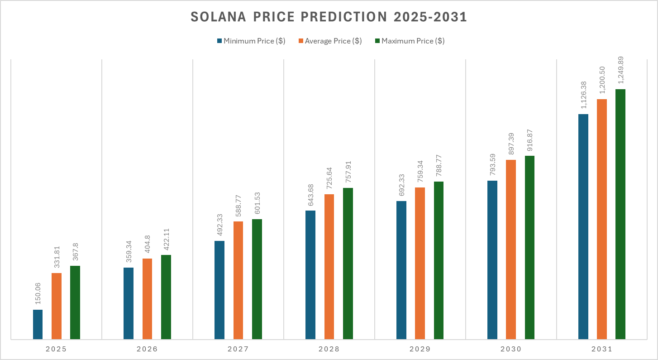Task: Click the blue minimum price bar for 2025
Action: (38, 324)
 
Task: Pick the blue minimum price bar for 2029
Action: (401, 270)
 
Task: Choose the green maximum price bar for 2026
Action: (166, 297)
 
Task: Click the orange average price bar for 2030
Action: (511, 249)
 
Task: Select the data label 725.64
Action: (329, 178)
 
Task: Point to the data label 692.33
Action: (401, 185)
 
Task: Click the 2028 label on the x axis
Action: (329, 349)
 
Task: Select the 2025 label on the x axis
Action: (56, 349)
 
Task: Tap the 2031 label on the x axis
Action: (601, 349)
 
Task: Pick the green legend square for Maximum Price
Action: (377, 41)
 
